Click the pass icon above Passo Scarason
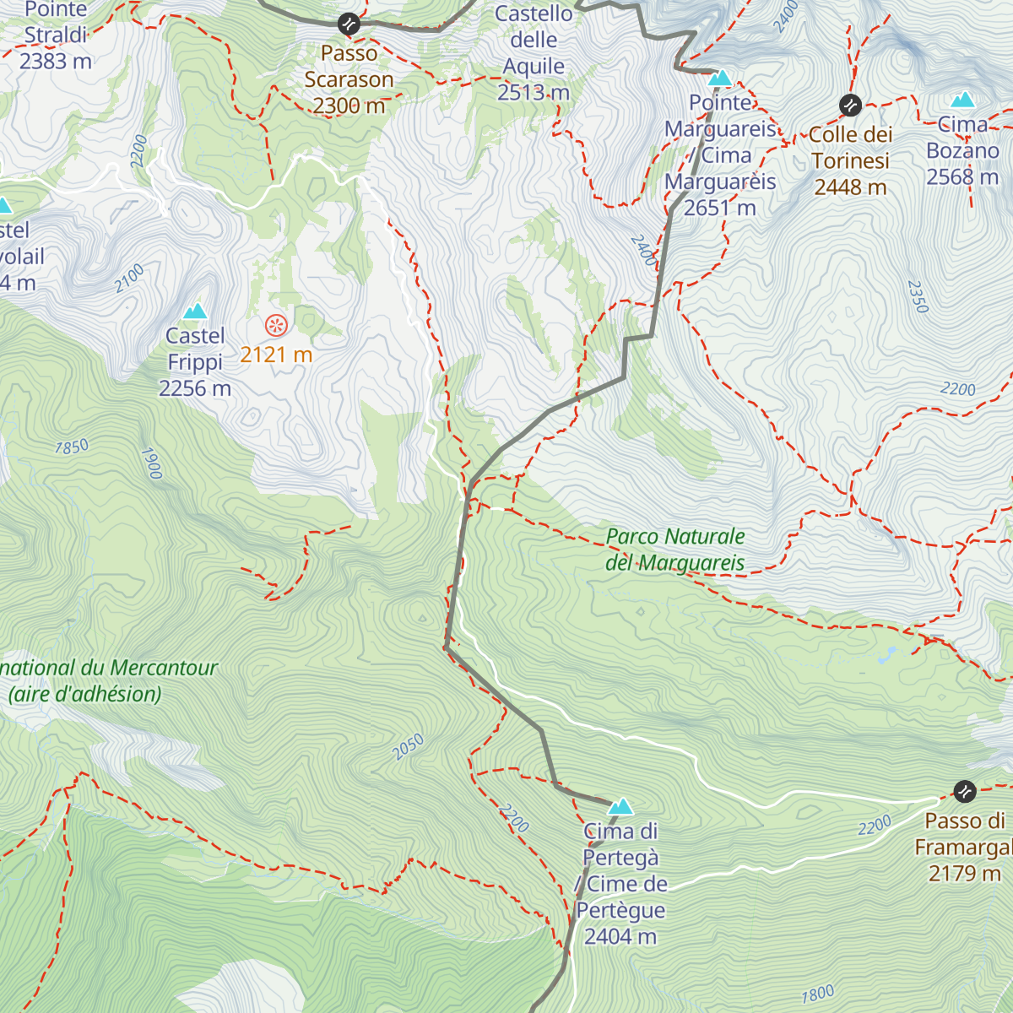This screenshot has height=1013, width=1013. [x=349, y=24]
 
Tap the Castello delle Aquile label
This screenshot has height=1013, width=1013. [x=534, y=53]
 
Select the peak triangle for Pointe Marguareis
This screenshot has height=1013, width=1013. [x=719, y=79]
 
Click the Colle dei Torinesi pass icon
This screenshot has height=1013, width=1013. [x=850, y=106]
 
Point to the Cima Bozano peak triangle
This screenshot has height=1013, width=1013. [x=962, y=100]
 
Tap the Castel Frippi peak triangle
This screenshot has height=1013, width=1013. [x=195, y=311]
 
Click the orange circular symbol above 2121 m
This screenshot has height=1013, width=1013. [x=276, y=325]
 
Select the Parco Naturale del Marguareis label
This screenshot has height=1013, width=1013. [x=675, y=550]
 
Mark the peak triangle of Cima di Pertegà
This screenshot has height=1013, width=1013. [x=620, y=807]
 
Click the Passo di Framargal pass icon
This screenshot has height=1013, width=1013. [x=965, y=791]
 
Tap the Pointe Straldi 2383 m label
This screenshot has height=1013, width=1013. [x=56, y=35]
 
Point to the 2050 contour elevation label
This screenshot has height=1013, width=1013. [x=408, y=746]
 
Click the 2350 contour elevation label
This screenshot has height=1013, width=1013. [x=918, y=296]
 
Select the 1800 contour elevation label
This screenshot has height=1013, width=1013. [x=817, y=994]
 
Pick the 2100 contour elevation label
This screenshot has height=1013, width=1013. [x=130, y=279]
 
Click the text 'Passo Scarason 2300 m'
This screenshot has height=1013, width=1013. [x=349, y=79]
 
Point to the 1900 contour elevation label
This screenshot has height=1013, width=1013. [x=151, y=463]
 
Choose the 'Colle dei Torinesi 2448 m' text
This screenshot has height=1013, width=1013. [x=850, y=160]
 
